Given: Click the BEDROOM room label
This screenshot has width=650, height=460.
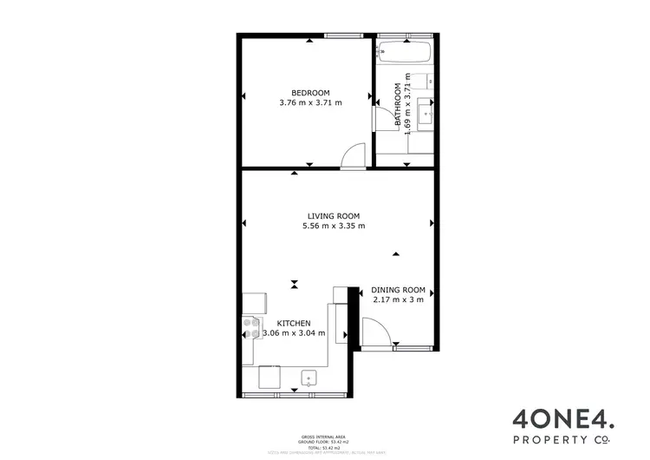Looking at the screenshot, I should pos(310,94).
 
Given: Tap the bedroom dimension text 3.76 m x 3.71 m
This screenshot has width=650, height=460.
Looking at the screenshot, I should pos(310,103).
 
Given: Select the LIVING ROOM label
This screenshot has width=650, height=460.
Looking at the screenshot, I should pos(333,216).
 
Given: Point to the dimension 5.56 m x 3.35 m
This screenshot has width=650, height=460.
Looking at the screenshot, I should pos(333,227).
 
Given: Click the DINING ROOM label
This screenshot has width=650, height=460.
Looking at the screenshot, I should pos(399,290).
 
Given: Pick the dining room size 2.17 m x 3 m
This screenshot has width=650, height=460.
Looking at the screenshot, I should pos(399,300).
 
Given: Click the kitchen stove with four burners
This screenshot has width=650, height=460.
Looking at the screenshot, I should pos(251,327).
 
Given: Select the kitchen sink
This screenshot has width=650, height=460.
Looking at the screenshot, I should pos(308,378).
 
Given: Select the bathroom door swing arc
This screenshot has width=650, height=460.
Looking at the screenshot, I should pos(381,118).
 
